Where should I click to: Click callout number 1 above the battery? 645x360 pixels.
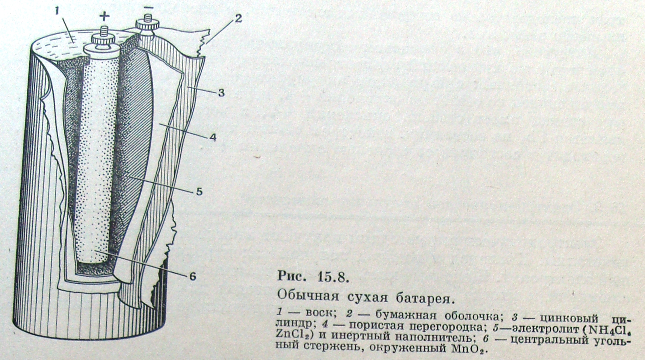(x=57, y=11)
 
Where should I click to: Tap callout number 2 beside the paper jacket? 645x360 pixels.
(x=238, y=18)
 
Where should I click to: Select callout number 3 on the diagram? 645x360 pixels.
(x=221, y=92)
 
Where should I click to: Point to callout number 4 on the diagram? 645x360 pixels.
(x=213, y=138)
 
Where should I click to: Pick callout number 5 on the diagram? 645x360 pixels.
(x=199, y=192)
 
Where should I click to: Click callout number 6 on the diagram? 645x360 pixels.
(x=192, y=277)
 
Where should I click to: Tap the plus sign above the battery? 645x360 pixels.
(x=104, y=16)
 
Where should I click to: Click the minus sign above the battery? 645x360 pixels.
(x=149, y=7)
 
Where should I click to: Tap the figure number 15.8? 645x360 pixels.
(x=331, y=277)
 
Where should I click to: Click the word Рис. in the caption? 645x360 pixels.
(x=290, y=276)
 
